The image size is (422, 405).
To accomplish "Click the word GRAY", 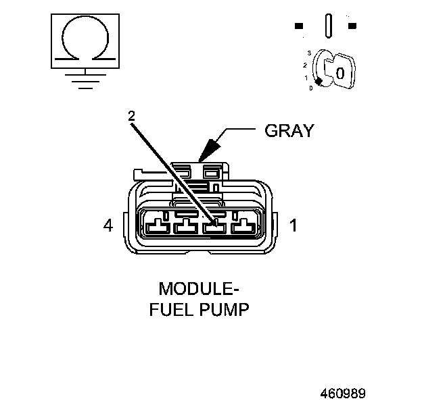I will (289, 131).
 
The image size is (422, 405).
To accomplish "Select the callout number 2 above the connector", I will (131, 115).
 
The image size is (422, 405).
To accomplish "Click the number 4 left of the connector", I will (108, 225).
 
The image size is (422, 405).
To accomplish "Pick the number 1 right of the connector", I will (294, 225).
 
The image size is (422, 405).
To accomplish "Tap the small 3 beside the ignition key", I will (308, 53).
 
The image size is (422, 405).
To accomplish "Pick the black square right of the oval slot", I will (352, 26).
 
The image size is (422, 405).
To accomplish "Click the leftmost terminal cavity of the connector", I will (156, 225).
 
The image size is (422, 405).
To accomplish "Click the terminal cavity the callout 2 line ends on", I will (214, 225).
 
